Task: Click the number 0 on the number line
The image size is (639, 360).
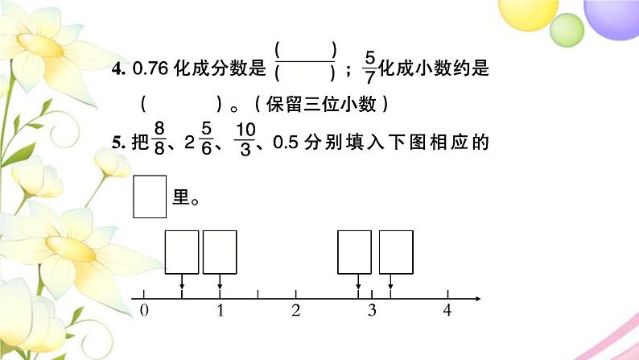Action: coord(143,311)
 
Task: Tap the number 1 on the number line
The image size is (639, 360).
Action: coord(219,311)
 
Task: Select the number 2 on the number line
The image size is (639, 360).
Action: coord(295,311)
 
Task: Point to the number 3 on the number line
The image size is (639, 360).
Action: coord(372,311)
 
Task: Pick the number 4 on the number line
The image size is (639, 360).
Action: coord(447,311)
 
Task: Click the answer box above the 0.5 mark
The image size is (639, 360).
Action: coord(182,251)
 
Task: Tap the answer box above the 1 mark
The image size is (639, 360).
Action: coord(220,251)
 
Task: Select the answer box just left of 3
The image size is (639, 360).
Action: coord(354,251)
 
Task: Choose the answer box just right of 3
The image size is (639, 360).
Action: coord(396,251)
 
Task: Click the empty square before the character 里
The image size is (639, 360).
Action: coord(150,197)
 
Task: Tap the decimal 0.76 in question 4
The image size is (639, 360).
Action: coord(147,70)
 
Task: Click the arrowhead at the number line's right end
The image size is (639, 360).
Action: coord(477,300)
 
